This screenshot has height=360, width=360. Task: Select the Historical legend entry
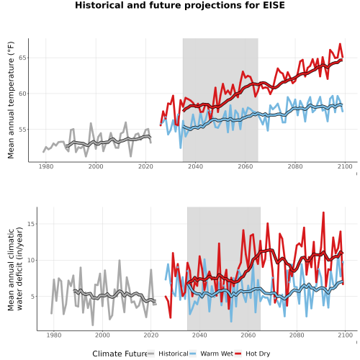point(168,354)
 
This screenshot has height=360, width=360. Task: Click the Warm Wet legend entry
point(211,354)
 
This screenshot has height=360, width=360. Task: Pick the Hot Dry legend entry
point(252,354)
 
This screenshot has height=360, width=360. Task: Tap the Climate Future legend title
point(120,354)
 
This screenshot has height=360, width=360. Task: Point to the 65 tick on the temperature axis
point(22,58)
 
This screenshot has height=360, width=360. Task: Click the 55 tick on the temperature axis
point(22,130)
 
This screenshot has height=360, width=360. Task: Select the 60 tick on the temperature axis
point(22,94)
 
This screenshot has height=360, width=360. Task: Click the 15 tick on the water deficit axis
point(31,224)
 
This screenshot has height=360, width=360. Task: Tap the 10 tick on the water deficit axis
point(31,260)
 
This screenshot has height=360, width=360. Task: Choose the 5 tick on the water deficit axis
point(33,297)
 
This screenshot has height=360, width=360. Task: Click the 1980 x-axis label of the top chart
point(46,166)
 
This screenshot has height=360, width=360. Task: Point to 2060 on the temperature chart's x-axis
point(246,166)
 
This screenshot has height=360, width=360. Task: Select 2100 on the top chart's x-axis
point(345,166)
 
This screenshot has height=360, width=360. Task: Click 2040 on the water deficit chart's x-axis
point(199,335)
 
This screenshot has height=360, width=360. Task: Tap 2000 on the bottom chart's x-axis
point(102,335)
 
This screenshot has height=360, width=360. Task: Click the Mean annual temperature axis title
point(11,100)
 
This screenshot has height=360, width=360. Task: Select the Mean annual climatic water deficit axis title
point(15,269)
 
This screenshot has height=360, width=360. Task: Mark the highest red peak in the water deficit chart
point(323,212)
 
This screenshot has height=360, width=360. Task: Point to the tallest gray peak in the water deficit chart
point(120,260)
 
